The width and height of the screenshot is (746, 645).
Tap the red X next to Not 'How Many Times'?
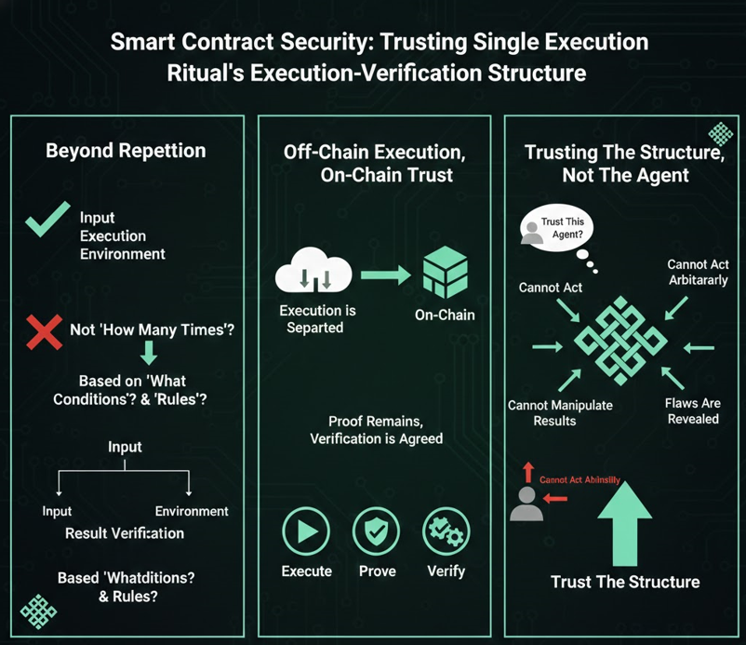pos(44,331)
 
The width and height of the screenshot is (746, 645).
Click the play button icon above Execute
pos(306,531)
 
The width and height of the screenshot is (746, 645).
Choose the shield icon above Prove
pos(378,531)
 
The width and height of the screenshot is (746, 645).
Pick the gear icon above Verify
pos(446,531)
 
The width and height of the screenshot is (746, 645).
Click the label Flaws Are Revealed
pos(693,411)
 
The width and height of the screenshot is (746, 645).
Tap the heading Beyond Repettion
pos(126,152)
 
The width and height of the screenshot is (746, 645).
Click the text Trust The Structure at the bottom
pos(625,583)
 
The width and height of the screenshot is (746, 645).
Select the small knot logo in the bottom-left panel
pos(38,610)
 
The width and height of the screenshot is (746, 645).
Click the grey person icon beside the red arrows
pos(527,504)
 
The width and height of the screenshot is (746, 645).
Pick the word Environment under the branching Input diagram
pos(192,511)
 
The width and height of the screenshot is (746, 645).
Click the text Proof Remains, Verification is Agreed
pos(377,430)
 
